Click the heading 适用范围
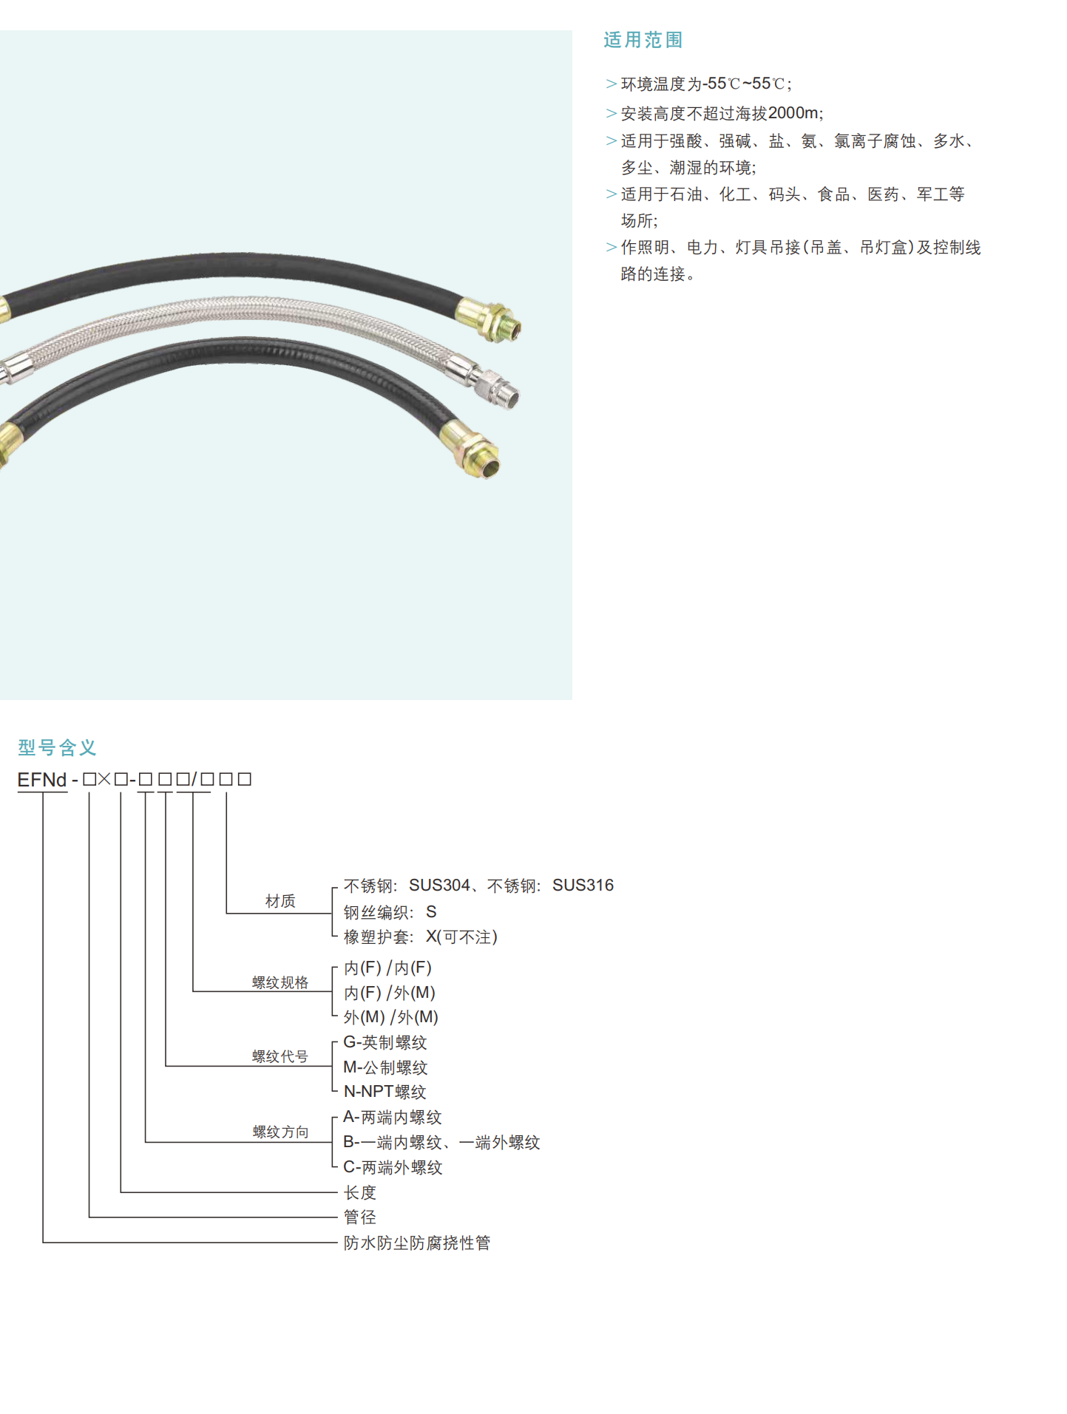tap(643, 40)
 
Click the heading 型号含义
tap(57, 747)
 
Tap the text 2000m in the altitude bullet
tap(793, 113)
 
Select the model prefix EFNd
tap(42, 780)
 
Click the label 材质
tap(280, 901)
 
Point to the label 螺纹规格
tap(280, 982)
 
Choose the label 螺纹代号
tap(280, 1056)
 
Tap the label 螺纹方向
tap(280, 1132)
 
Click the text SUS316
tap(583, 886)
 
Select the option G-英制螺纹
tap(385, 1043)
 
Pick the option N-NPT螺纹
tap(385, 1092)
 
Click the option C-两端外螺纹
tap(393, 1167)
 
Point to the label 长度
tap(360, 1192)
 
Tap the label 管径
tap(360, 1217)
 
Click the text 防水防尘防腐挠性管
tap(417, 1243)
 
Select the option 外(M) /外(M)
tap(390, 1017)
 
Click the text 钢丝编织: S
tap(390, 912)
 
